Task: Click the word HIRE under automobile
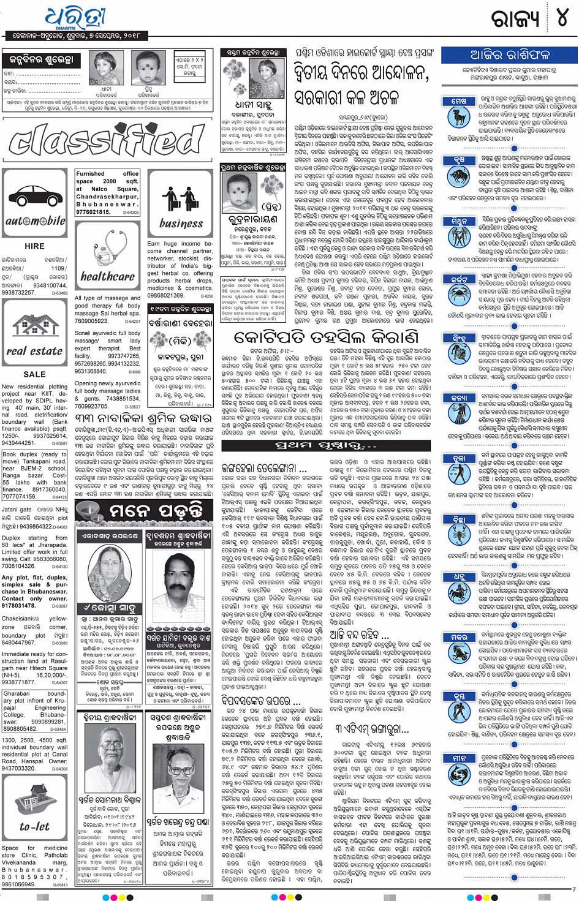point(34,246)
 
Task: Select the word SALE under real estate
point(34,374)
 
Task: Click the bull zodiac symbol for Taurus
point(458,178)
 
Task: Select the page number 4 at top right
point(562,18)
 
